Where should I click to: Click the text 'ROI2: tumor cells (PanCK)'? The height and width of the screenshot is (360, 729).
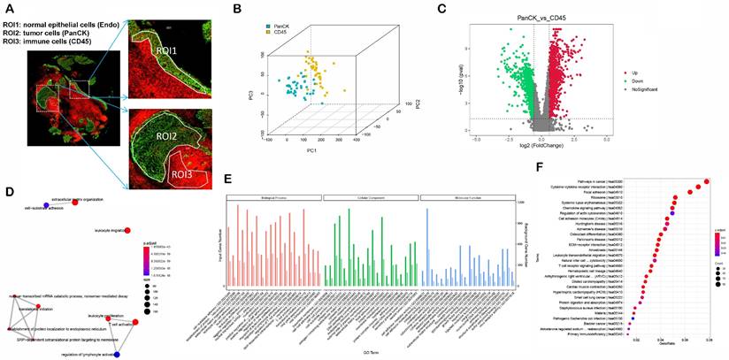(55, 30)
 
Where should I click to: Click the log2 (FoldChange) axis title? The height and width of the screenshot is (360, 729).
(533, 148)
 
